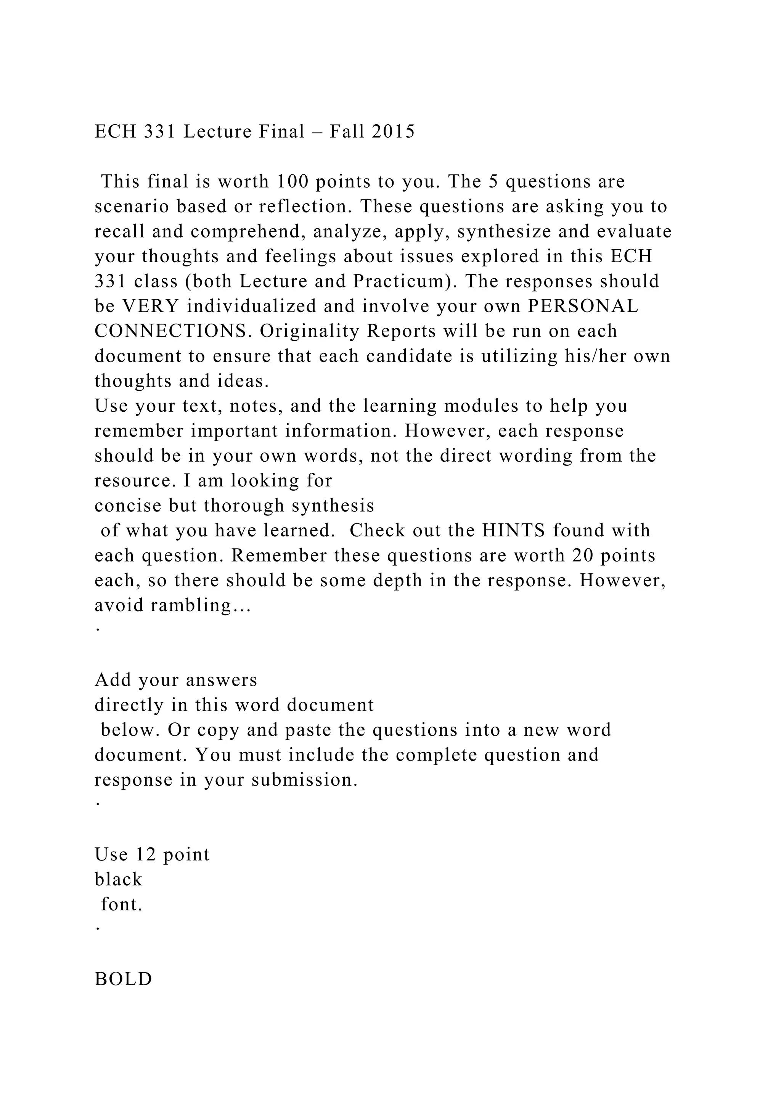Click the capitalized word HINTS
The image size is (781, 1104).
pos(514,530)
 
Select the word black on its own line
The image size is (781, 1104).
pos(118,879)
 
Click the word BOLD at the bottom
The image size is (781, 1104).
pos(123,979)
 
